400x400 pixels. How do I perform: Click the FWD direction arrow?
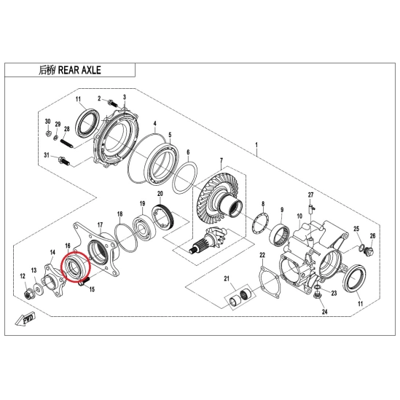click(26, 319)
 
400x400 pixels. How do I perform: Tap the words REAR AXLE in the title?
click(79, 70)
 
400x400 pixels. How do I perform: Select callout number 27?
click(310, 195)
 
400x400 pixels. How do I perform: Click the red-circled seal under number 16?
click(75, 267)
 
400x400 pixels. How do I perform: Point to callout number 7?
click(221, 161)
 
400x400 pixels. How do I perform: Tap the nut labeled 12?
click(28, 294)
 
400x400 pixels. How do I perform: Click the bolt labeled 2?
click(112, 103)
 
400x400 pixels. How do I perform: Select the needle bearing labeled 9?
click(279, 233)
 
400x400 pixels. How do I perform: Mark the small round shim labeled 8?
click(260, 224)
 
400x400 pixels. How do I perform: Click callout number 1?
click(256, 145)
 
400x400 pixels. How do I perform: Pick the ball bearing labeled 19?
click(144, 228)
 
